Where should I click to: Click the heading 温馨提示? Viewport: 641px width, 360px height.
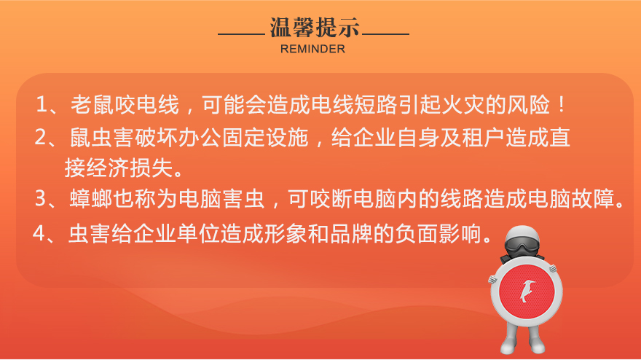pyautogui.click(x=315, y=28)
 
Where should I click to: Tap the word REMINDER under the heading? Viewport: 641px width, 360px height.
pyautogui.click(x=312, y=49)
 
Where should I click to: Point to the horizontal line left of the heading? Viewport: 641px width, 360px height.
pyautogui.click(x=242, y=34)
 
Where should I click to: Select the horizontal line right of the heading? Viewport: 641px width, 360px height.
pyautogui.click(x=386, y=34)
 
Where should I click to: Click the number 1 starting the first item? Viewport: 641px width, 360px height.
pyautogui.click(x=42, y=104)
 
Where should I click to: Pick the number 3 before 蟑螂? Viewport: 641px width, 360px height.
pyautogui.click(x=41, y=198)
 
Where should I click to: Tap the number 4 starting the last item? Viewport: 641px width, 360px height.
pyautogui.click(x=39, y=234)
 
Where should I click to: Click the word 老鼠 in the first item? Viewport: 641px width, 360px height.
pyautogui.click(x=92, y=104)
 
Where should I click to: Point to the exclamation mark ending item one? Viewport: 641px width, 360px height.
pyautogui.click(x=562, y=105)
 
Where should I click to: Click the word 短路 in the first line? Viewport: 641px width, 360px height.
pyautogui.click(x=376, y=104)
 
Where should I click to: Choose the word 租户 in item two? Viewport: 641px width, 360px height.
pyautogui.click(x=483, y=137)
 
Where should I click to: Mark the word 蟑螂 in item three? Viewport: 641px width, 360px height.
pyautogui.click(x=91, y=198)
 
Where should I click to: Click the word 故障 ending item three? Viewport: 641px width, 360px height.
pyautogui.click(x=593, y=198)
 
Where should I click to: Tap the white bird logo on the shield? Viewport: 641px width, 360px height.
pyautogui.click(x=527, y=291)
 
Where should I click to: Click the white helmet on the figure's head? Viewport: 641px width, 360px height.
pyautogui.click(x=522, y=235)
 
